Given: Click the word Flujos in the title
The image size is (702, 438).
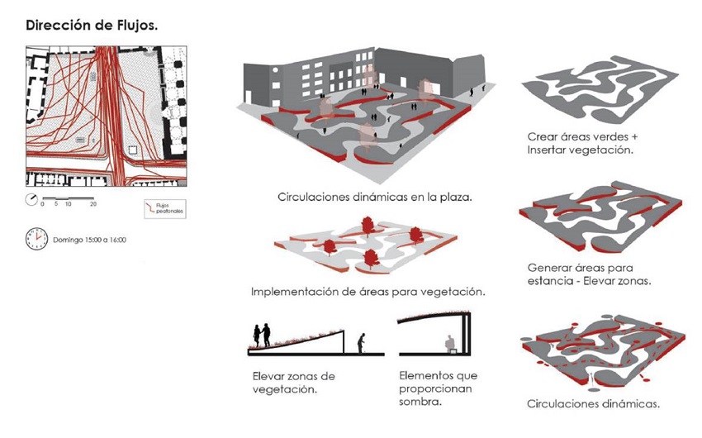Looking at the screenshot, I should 131,24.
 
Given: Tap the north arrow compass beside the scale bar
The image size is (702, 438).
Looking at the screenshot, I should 31,199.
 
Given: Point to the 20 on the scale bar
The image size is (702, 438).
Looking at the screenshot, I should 93,204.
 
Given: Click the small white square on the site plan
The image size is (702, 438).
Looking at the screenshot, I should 134,151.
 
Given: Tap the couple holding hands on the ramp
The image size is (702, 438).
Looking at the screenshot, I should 261,334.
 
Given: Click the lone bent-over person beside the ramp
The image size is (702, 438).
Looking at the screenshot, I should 361,342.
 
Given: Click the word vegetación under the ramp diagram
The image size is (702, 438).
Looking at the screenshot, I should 285,389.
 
